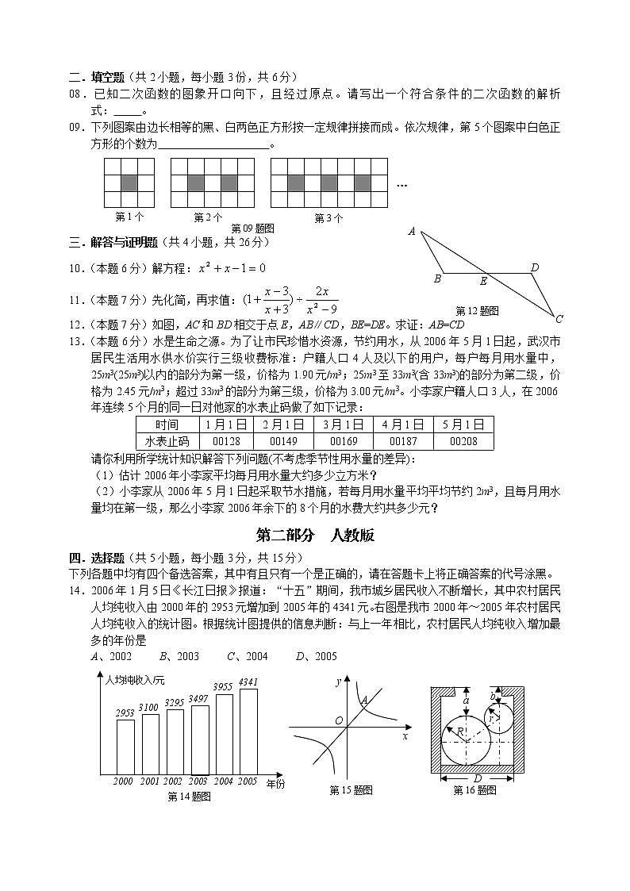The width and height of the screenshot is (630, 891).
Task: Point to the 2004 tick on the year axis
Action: [224, 782]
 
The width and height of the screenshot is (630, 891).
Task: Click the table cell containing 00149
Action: [282, 441]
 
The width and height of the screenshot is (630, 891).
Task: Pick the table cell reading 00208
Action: [463, 441]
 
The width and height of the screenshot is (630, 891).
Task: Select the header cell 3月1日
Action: [343, 424]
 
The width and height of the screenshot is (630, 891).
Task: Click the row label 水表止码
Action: [167, 441]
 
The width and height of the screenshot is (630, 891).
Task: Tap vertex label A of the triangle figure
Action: [412, 232]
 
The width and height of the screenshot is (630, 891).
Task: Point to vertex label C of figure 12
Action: [559, 319]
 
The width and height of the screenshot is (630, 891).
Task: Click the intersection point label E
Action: [483, 281]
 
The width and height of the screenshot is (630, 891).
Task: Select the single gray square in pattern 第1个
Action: [129, 182]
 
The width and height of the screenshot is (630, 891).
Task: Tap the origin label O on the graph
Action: [338, 720]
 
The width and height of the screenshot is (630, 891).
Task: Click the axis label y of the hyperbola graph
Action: [338, 682]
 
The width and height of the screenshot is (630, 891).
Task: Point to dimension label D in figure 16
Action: [478, 778]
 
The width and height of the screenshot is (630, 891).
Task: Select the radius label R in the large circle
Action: [459, 730]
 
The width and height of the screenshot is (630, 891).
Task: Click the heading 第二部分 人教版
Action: [315, 536]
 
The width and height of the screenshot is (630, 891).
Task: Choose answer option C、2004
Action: [248, 656]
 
